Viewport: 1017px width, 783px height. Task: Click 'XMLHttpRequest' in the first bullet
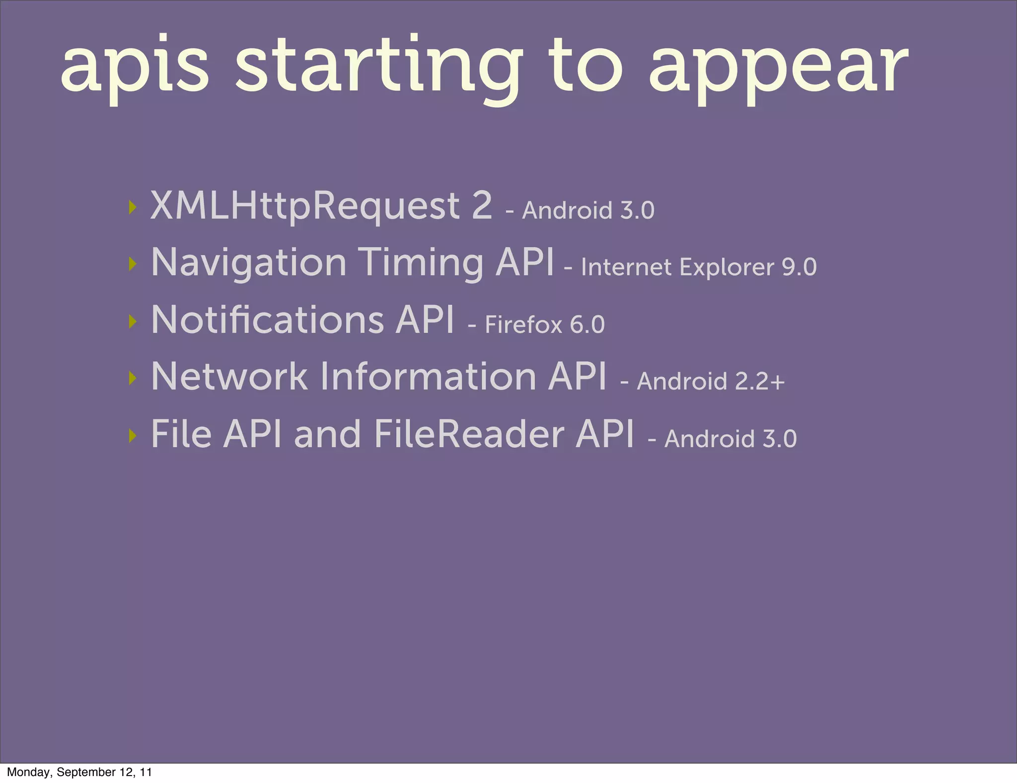(305, 206)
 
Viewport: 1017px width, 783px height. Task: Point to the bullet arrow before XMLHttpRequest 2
(132, 207)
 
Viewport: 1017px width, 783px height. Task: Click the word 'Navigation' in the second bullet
(248, 263)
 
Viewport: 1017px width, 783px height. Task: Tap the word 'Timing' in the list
(421, 263)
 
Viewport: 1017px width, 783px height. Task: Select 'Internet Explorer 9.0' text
(698, 267)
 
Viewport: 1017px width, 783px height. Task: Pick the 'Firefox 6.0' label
(544, 325)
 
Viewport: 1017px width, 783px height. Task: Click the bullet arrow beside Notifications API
(132, 321)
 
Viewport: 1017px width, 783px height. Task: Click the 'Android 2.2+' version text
(710, 382)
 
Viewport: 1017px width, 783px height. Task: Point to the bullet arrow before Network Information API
(132, 378)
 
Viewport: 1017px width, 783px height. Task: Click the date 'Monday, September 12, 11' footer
(79, 772)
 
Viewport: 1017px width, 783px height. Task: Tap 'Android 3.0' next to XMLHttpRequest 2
(588, 211)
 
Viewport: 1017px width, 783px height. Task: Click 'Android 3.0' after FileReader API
(730, 439)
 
